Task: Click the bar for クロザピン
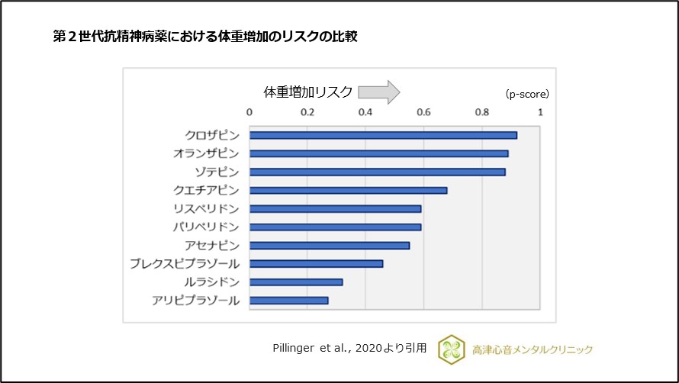(383, 135)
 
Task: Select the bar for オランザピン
(378, 153)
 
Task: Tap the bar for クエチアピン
(348, 190)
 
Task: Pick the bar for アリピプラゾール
(288, 300)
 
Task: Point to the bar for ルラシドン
(296, 282)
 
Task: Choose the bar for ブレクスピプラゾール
(316, 263)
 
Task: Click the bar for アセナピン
(330, 245)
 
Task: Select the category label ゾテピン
(217, 172)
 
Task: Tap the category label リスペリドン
(206, 208)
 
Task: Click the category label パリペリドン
(206, 227)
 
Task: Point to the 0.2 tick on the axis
(307, 113)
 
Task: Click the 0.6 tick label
(424, 113)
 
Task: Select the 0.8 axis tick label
(482, 113)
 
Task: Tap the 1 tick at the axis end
(540, 113)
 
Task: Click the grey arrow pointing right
(379, 92)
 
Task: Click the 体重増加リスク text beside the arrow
(308, 92)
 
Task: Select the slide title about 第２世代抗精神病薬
(204, 36)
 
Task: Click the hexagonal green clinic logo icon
(450, 349)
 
